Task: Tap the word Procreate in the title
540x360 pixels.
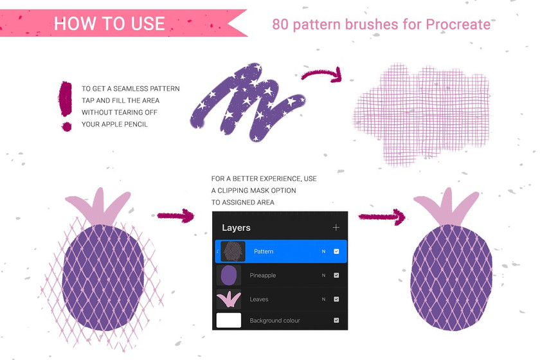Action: coord(458,25)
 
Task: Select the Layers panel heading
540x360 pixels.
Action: coord(236,228)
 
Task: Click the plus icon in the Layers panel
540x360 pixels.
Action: coord(336,228)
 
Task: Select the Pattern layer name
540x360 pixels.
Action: coord(264,251)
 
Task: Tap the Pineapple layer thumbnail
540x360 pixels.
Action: coord(229,275)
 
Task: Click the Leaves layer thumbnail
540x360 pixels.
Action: coord(229,299)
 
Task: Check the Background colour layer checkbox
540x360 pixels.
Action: coord(336,320)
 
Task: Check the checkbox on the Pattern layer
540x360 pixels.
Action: coord(336,251)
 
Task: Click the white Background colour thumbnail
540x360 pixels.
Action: coord(229,320)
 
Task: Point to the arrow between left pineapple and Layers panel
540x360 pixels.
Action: coord(175,216)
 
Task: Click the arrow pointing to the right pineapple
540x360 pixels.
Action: coord(382,217)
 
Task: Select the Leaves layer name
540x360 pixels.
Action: coord(259,300)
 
